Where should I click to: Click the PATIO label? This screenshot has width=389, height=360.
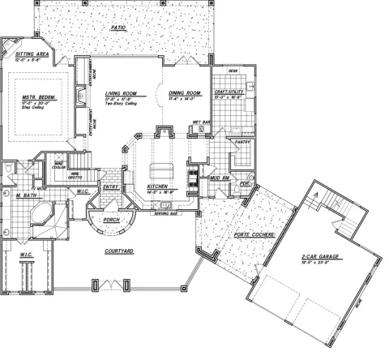click(x=120, y=28)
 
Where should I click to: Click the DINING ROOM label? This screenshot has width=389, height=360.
click(x=185, y=93)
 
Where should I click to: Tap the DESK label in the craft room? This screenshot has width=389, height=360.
click(x=233, y=71)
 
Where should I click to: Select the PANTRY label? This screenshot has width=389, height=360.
click(x=241, y=141)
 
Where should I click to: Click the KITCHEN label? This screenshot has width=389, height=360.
click(x=157, y=186)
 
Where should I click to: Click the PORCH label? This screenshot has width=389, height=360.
click(x=112, y=219)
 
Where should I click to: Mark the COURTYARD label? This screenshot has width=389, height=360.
click(x=119, y=251)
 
